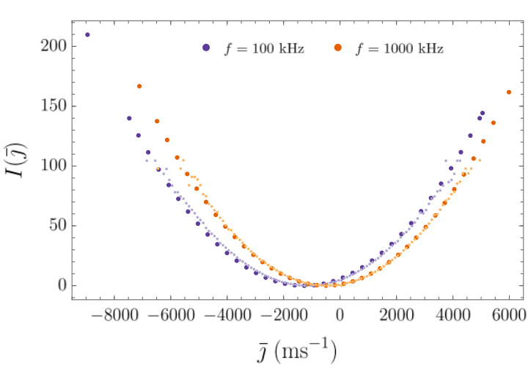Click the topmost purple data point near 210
tap(87, 34)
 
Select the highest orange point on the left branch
tap(139, 87)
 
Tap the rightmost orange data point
tap(509, 92)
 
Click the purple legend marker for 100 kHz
tap(206, 48)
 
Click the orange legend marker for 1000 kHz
tap(338, 48)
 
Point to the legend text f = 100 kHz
tap(265, 48)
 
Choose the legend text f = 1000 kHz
tap(400, 48)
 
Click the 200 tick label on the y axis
tap(54, 45)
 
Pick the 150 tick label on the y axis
tap(54, 106)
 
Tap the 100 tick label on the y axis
tap(54, 166)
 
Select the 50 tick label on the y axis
tap(58, 225)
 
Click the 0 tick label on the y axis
tap(62, 285)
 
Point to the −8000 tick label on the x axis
tap(114, 315)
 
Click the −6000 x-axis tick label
tap(171, 315)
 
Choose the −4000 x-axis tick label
tap(227, 315)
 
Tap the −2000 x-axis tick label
tap(284, 315)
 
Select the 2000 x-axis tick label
tap(396, 315)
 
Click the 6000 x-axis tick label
tap(509, 315)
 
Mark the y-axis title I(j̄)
tap(15, 161)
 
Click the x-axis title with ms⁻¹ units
tap(297, 351)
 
